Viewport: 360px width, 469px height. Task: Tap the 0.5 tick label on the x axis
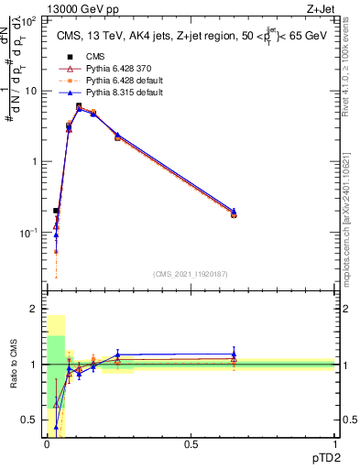(191, 444)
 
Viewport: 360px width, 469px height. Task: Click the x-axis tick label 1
(334, 444)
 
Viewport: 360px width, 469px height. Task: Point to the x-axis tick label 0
(47, 444)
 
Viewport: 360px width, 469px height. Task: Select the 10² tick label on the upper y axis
(30, 19)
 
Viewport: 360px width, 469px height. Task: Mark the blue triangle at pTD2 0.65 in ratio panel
(234, 354)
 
